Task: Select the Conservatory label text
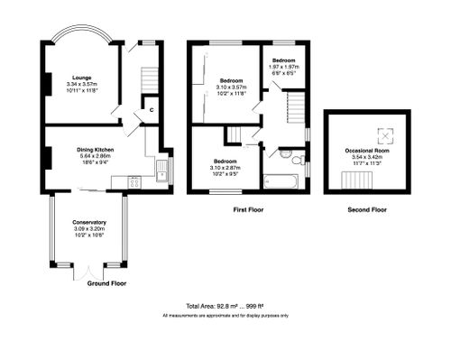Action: tap(90, 222)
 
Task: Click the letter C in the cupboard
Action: tap(152, 110)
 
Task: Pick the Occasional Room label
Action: tap(367, 150)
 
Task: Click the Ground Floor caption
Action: tap(106, 283)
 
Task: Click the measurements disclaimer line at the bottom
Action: tap(225, 316)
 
